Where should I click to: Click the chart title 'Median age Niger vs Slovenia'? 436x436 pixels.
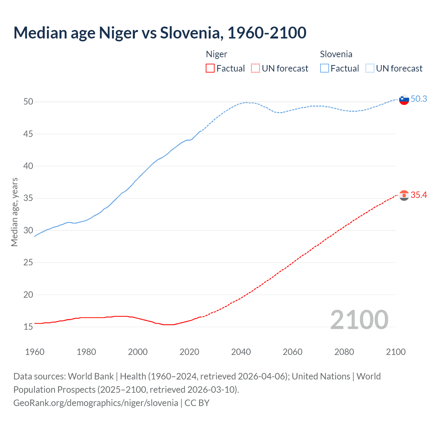[x=160, y=33]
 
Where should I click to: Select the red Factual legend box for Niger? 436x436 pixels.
[x=210, y=68]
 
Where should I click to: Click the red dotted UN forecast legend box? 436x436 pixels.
[x=255, y=68]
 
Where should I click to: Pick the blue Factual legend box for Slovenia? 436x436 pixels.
[x=325, y=68]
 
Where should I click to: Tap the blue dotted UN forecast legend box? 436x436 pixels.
[x=370, y=68]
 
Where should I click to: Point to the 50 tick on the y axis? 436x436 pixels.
[x=28, y=102]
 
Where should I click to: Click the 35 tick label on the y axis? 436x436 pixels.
[x=28, y=198]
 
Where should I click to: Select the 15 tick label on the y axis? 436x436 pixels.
[x=28, y=327]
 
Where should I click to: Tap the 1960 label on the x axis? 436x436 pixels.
[x=35, y=352]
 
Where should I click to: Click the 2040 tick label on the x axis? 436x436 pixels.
[x=241, y=352]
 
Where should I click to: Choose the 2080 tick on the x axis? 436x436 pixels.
[x=344, y=352]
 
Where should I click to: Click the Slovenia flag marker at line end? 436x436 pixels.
[x=404, y=100]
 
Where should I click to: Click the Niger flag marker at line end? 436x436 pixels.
[x=404, y=196]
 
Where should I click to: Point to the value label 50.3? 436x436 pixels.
[x=419, y=99]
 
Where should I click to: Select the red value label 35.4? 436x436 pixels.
[x=419, y=195]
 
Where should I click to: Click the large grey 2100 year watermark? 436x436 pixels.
[x=359, y=320]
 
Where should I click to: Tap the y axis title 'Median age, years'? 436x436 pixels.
[x=14, y=212]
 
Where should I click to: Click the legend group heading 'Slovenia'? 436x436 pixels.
[x=336, y=54]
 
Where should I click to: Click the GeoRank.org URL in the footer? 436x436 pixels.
[x=96, y=403]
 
